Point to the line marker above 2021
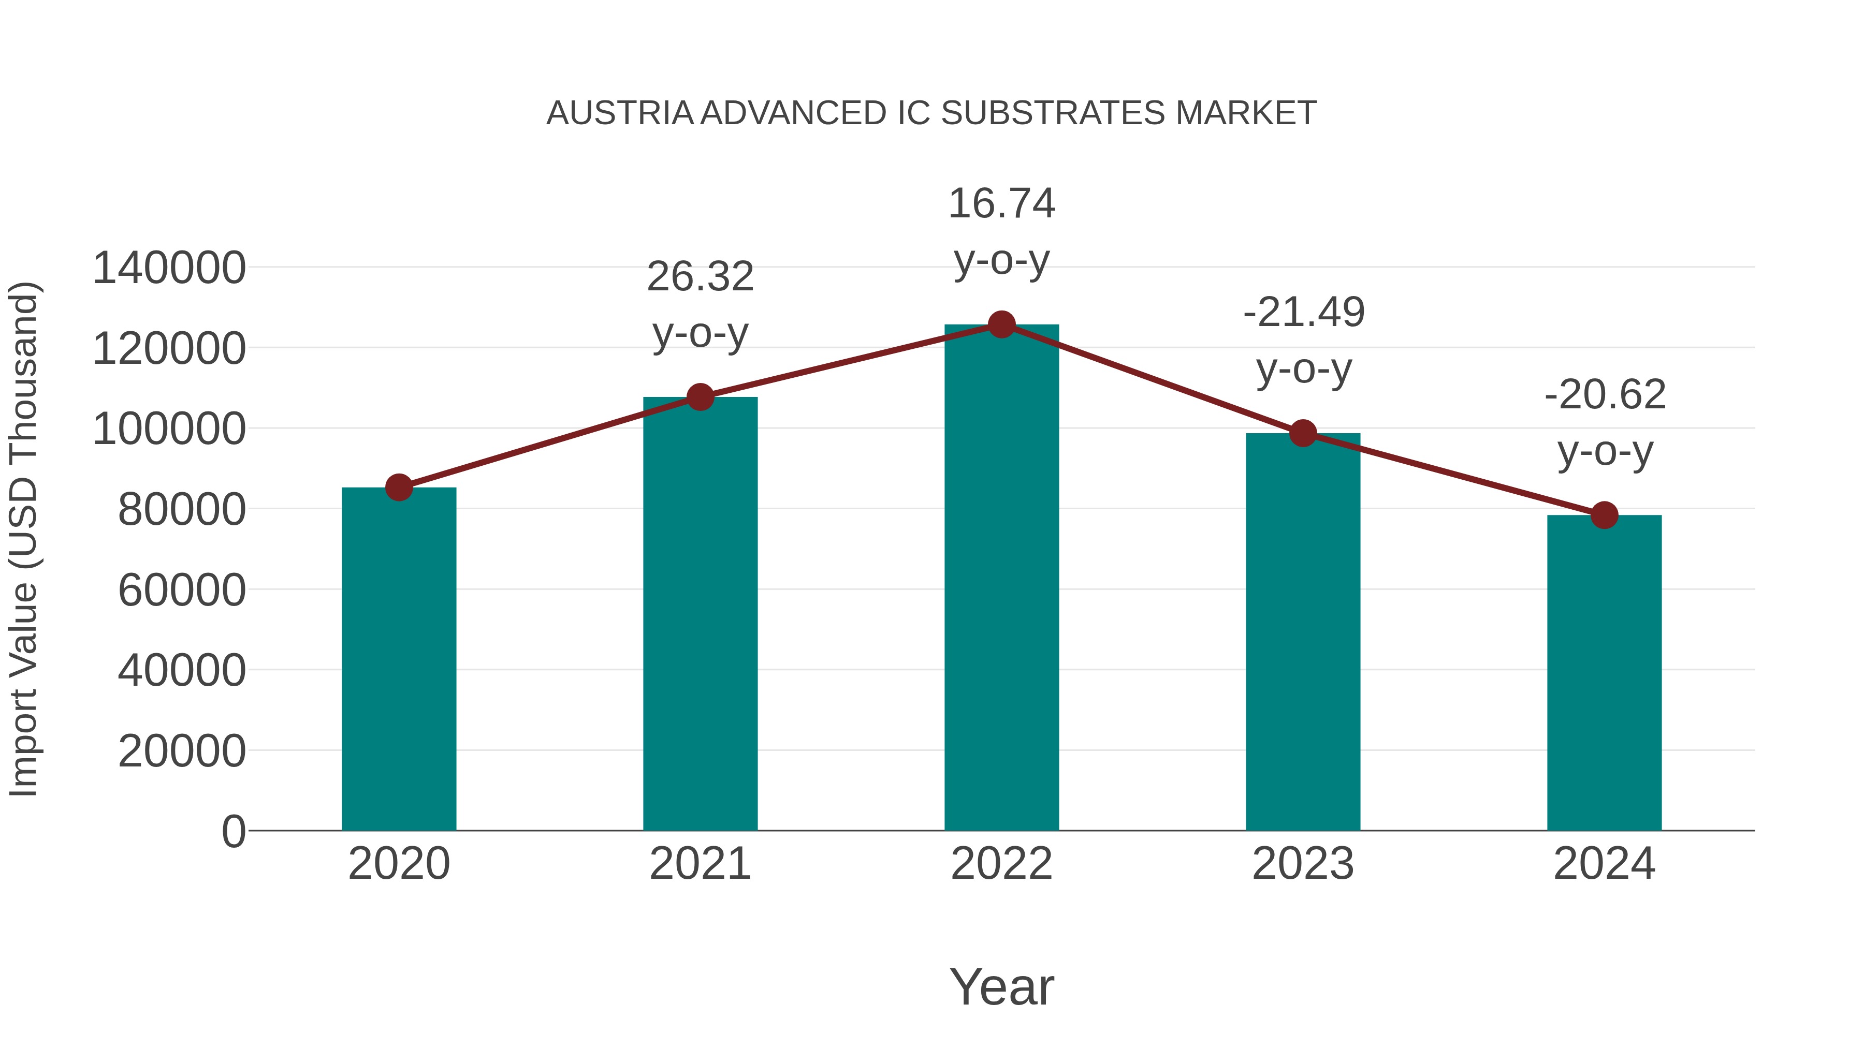(x=700, y=397)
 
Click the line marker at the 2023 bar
(x=1303, y=433)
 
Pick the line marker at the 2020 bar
(x=399, y=488)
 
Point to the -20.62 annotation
(x=1605, y=423)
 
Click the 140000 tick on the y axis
(x=169, y=268)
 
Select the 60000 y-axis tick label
(x=182, y=590)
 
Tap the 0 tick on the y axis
(x=234, y=831)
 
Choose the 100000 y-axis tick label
(x=169, y=429)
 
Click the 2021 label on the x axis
(x=700, y=864)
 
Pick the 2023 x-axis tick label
(x=1303, y=864)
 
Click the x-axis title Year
(x=1001, y=986)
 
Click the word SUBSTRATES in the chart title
(x=1053, y=113)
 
